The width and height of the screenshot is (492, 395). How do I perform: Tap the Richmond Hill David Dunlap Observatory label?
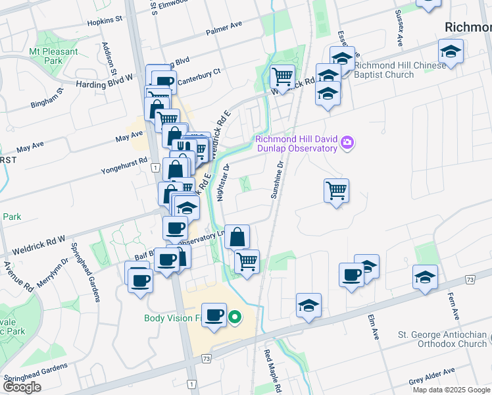(x=296, y=144)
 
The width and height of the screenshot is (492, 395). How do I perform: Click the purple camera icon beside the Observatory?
(x=348, y=143)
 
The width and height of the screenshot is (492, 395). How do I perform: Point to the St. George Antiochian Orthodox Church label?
(x=443, y=339)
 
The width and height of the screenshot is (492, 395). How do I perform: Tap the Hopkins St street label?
(x=105, y=22)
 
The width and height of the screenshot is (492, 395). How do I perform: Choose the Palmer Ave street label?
(x=224, y=28)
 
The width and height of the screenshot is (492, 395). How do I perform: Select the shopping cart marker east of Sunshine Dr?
(x=336, y=191)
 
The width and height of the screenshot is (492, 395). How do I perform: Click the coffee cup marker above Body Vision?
(x=214, y=314)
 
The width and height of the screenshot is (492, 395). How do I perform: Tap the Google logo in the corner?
(x=22, y=387)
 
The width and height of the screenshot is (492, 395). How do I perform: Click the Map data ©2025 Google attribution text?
(x=451, y=390)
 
